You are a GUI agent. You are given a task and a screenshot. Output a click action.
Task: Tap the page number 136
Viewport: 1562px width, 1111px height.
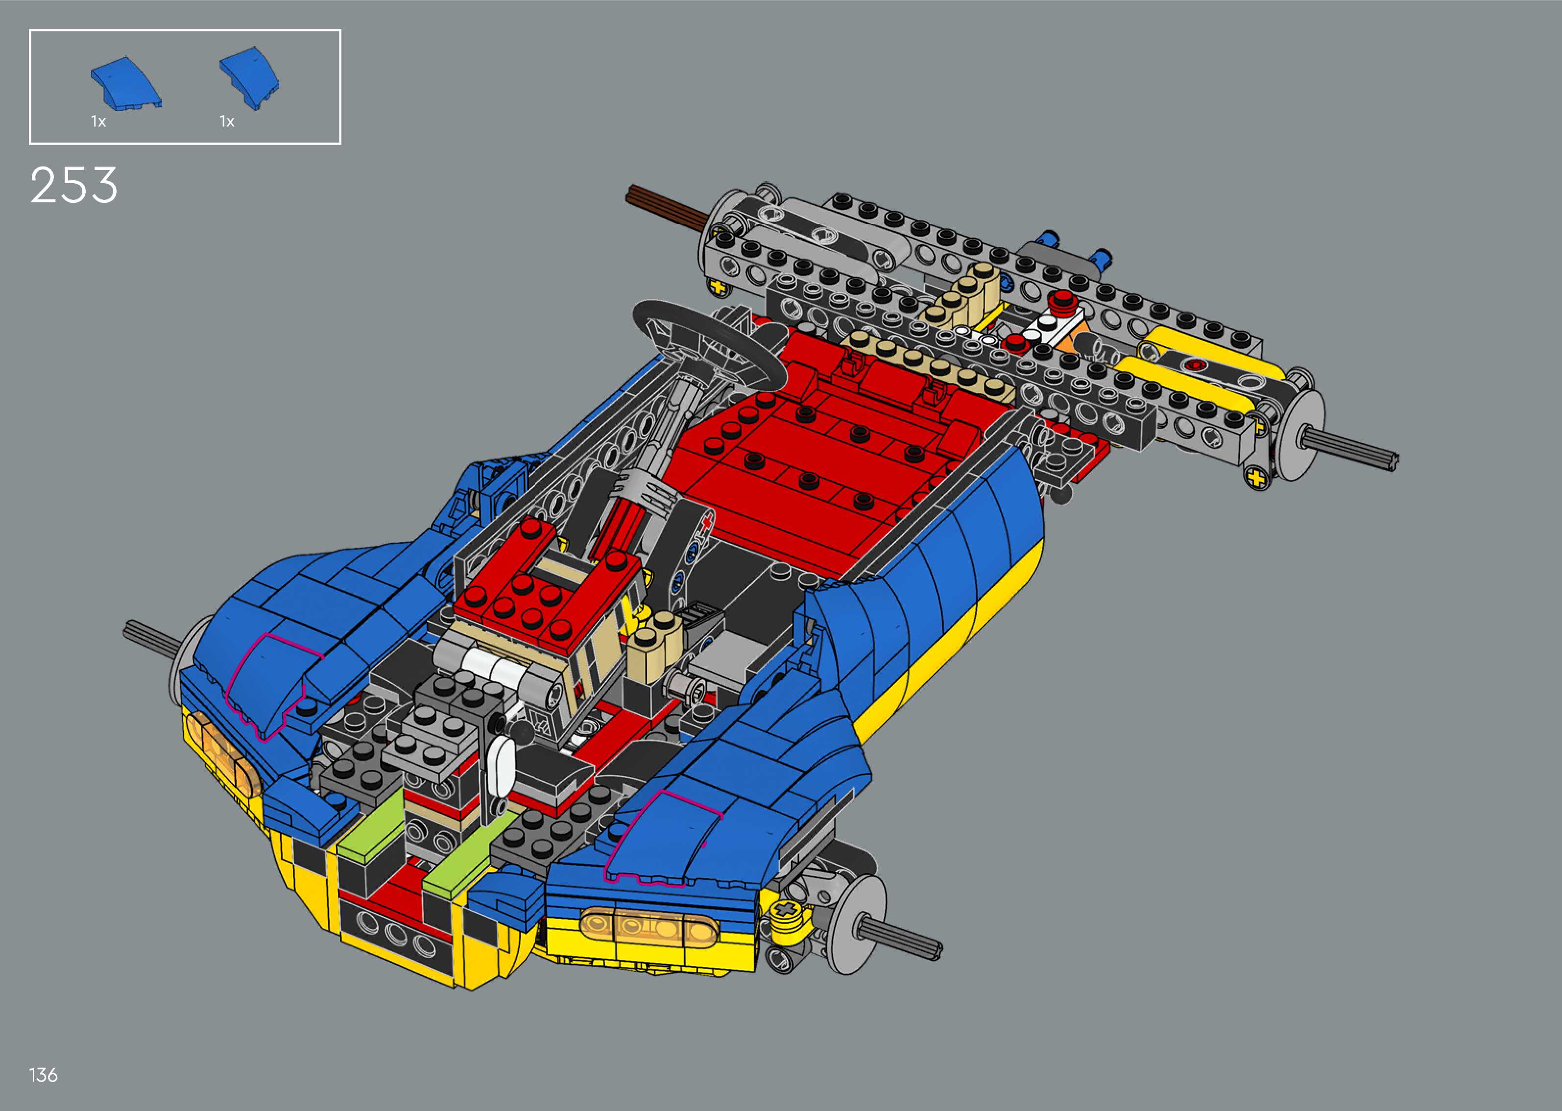(x=43, y=1075)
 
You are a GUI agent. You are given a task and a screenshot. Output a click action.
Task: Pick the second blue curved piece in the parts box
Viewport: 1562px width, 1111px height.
(x=250, y=79)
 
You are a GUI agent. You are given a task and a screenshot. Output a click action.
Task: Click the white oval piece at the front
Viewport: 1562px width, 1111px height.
(x=503, y=764)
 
